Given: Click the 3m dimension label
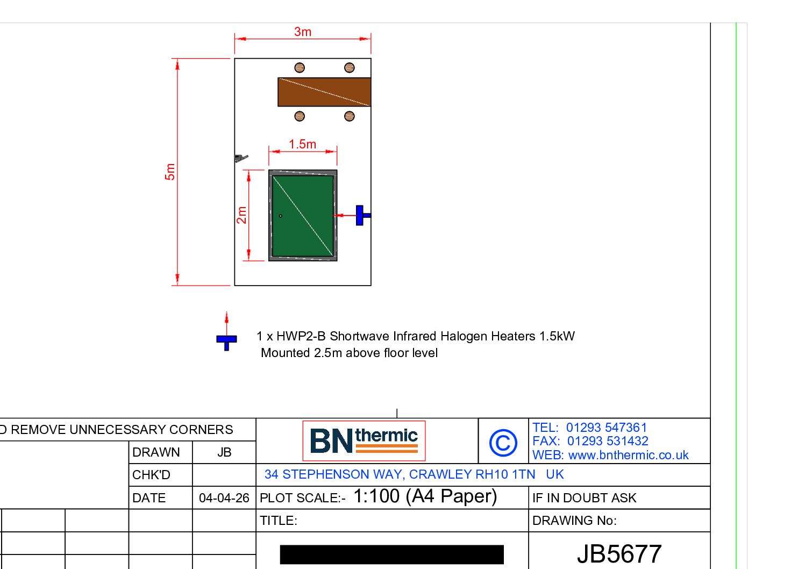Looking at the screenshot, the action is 303,32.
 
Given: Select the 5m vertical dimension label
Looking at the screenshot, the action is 170,172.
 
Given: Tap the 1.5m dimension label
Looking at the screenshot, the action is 303,144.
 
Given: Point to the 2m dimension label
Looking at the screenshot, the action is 241,215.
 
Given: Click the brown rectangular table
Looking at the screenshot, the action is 324,92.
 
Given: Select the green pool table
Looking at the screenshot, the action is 303,215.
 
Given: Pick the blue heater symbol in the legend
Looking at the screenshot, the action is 226,342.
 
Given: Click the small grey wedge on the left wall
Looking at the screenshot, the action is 241,158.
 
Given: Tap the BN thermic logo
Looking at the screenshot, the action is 364,440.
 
